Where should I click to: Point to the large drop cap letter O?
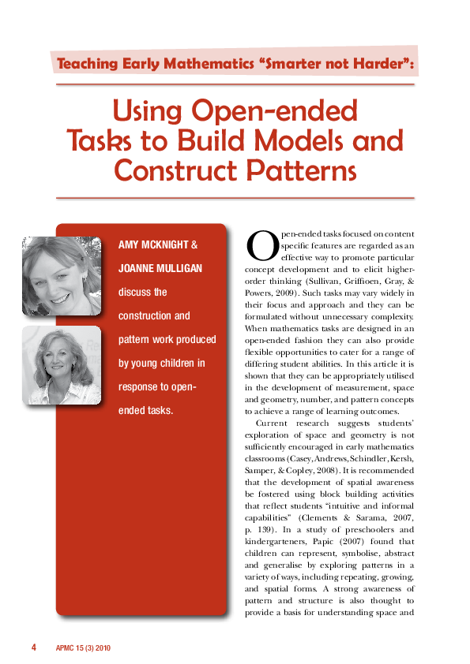(261, 245)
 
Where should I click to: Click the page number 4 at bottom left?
(34, 647)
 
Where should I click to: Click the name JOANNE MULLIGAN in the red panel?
(160, 269)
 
